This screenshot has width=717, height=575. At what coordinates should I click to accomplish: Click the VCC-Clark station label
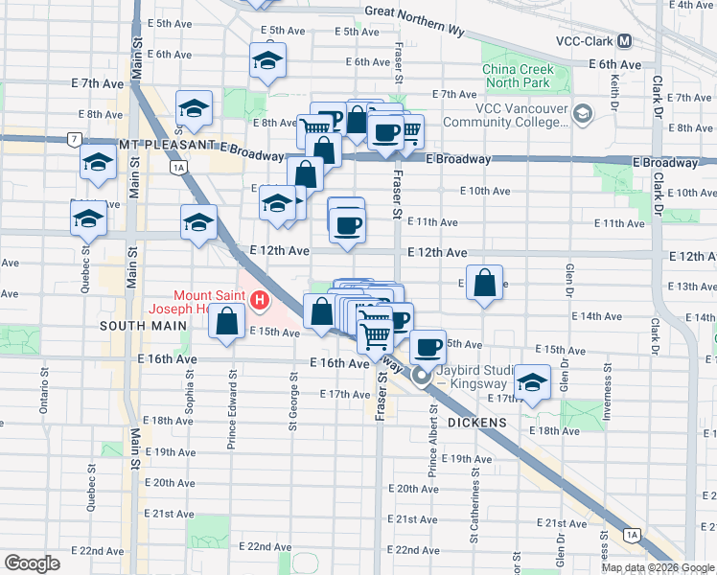(584, 41)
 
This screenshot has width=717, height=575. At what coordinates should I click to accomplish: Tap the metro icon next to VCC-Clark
(624, 41)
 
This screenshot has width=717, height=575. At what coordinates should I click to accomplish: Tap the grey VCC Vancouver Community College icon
(582, 116)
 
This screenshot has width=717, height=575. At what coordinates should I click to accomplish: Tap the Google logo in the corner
(32, 563)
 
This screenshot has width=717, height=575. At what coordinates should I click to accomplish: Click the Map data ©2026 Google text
(658, 567)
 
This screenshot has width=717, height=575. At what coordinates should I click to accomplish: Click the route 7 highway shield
(74, 140)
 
